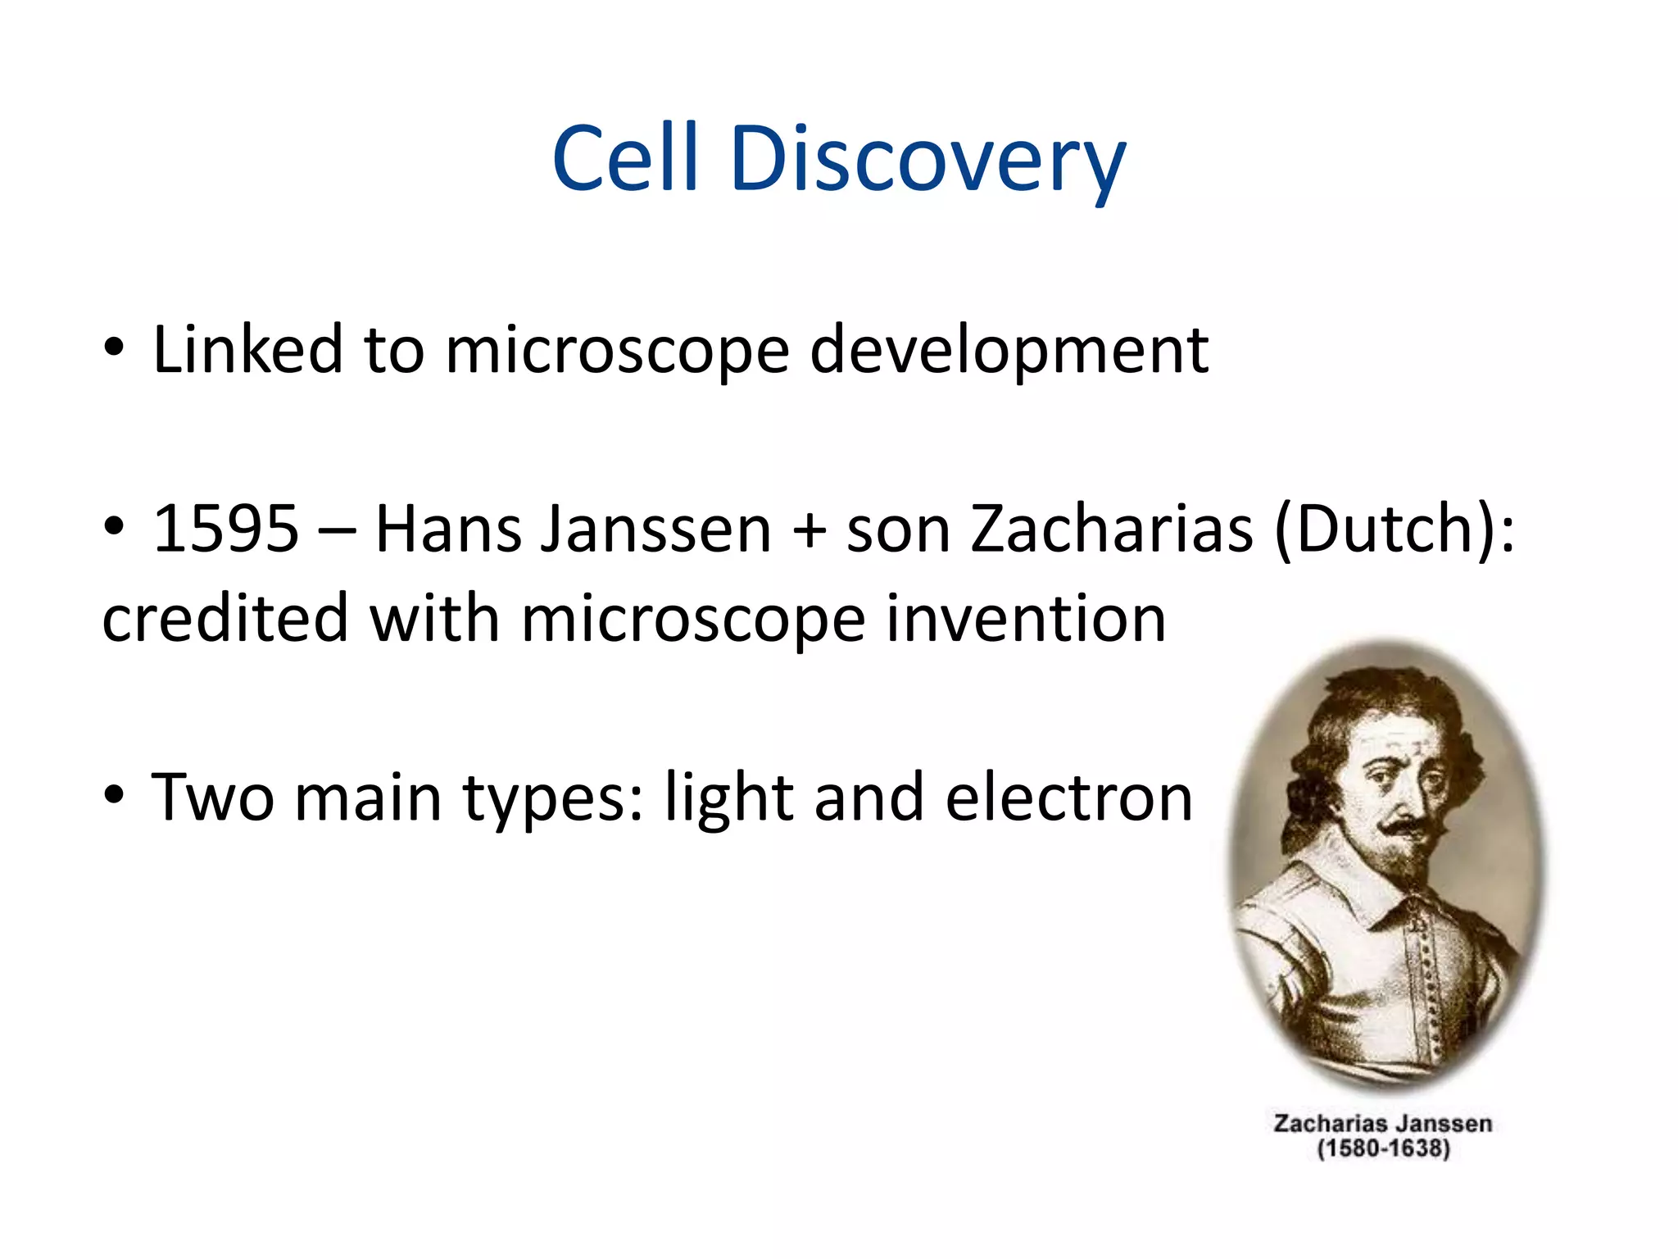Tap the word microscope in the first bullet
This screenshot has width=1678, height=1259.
coord(616,351)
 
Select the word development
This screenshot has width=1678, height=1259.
coord(1009,351)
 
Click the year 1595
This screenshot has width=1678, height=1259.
coord(226,529)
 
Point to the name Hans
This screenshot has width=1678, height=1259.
coord(447,529)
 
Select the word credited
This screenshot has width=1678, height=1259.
coord(224,618)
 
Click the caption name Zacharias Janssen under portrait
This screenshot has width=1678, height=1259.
coord(1382,1123)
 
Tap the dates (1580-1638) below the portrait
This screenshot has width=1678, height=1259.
coord(1383,1148)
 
